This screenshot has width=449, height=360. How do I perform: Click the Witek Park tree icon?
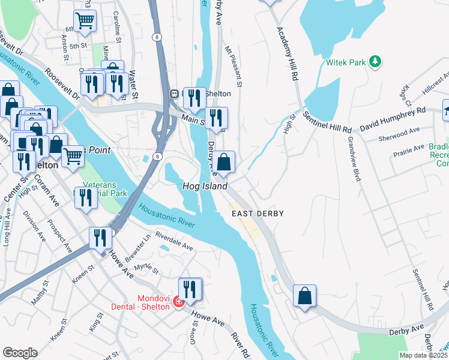point(375,62)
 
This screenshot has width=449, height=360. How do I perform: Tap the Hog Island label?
point(205,187)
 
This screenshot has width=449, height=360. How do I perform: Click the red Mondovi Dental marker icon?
point(178,301)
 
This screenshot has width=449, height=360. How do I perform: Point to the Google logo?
point(20,353)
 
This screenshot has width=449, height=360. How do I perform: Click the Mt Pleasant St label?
point(234,67)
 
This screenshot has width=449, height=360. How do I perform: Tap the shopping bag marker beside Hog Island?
point(223,162)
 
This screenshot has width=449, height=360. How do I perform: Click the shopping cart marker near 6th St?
point(85,21)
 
